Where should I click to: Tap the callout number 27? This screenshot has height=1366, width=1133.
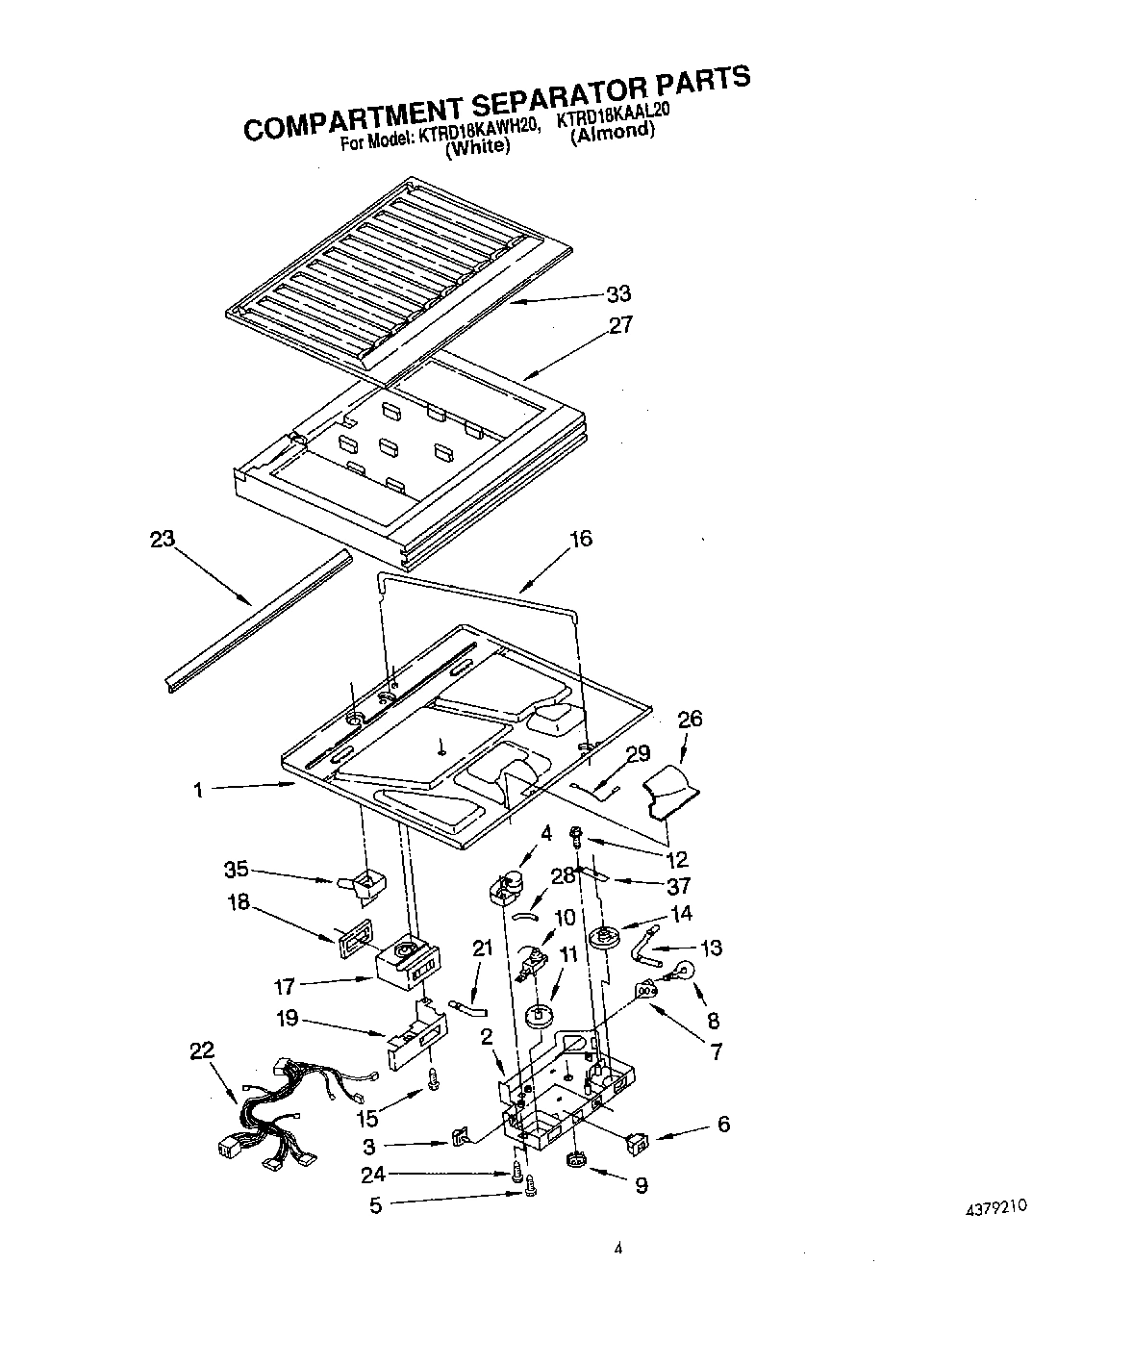point(620,325)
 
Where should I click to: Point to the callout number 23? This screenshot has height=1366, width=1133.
point(163,539)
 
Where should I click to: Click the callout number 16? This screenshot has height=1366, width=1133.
point(580,539)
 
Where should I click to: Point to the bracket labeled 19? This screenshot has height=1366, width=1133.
point(415,1039)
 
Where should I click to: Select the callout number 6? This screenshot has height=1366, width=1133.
point(723,1124)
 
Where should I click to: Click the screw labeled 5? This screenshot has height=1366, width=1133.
point(530,1194)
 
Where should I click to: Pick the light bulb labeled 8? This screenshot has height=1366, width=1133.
point(684,973)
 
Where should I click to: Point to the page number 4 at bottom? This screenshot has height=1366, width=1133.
point(618,1250)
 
